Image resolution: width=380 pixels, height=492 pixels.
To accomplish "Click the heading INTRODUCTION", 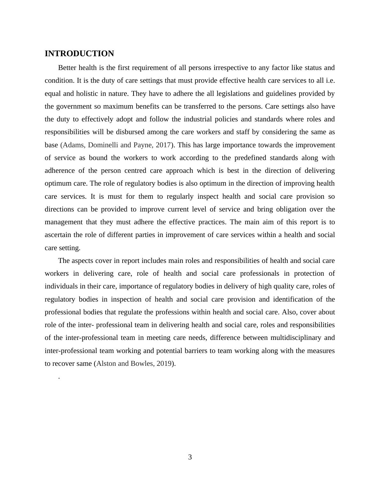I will [x=79, y=54].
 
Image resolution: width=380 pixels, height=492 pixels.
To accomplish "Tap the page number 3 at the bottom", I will [x=190, y=457].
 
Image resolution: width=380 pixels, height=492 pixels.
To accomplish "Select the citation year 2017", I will [x=163, y=145].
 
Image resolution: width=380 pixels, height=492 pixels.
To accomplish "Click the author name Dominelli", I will [x=103, y=145].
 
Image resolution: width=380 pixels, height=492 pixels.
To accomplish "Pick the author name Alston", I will [x=106, y=364].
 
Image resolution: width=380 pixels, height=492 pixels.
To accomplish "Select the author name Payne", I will [x=143, y=145].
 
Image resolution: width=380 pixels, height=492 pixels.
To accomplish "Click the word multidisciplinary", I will [x=296, y=338].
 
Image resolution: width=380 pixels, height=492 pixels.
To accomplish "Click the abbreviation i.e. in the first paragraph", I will [x=330, y=81].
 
